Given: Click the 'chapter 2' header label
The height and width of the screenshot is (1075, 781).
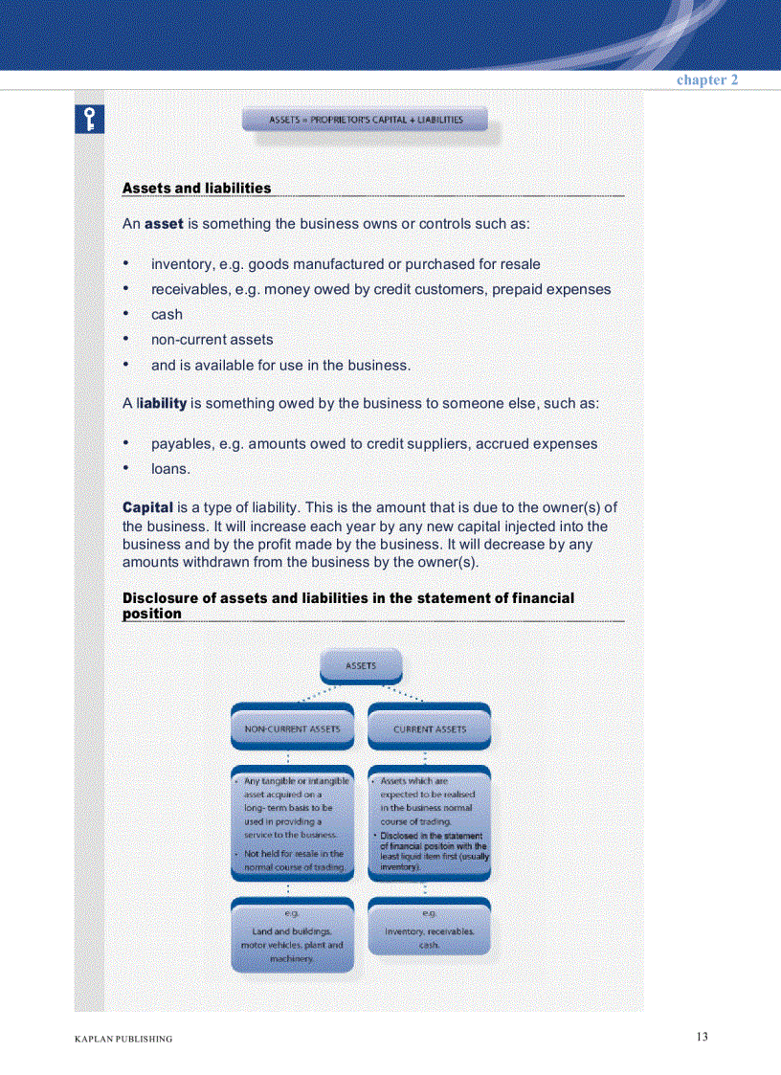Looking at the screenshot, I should (x=706, y=80).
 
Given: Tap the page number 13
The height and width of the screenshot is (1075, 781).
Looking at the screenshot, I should (x=702, y=1037).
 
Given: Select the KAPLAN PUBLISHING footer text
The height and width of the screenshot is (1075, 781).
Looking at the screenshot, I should (x=123, y=1039).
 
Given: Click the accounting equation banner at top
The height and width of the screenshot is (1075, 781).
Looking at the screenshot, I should (x=366, y=121).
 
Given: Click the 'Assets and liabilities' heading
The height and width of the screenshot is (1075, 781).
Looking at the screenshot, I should (x=196, y=189).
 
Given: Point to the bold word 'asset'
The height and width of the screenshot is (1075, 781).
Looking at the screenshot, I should (x=164, y=224).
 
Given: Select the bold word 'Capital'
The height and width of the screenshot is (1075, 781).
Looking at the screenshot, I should (x=147, y=506).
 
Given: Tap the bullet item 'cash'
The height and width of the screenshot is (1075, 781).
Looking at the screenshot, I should (x=167, y=314).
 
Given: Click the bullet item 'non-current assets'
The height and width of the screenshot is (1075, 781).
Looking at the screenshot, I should (x=212, y=340).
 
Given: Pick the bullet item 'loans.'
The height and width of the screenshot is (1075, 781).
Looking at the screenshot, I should (x=170, y=469).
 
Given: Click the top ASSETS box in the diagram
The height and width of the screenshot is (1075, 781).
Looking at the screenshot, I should (x=361, y=666).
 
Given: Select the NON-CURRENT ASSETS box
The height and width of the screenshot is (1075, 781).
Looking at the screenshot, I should (x=292, y=729).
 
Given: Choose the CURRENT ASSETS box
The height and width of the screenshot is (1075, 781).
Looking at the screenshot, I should (x=430, y=729).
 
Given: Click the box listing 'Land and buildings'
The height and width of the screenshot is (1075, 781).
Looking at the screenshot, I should (x=292, y=936).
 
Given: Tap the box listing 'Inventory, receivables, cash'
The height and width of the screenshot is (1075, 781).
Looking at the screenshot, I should (x=429, y=929).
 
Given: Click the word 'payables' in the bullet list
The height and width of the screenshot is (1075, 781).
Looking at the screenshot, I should (x=182, y=444).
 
